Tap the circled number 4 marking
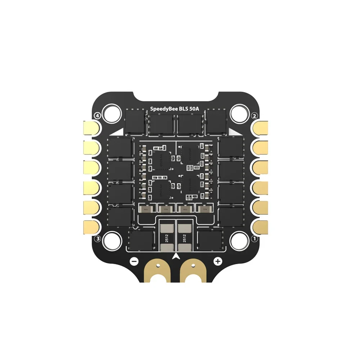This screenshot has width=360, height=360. point(96,116)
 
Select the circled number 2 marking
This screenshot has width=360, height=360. point(254,116)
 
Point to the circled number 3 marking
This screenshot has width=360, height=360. point(97,239)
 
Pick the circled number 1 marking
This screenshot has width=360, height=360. point(254,239)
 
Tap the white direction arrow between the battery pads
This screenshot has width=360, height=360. point(176,256)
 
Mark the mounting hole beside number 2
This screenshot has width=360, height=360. point(239,113)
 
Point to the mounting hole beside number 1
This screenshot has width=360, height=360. point(239,240)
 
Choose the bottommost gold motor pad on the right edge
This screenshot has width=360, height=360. point(261,226)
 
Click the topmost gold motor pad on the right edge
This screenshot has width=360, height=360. point(261,127)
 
